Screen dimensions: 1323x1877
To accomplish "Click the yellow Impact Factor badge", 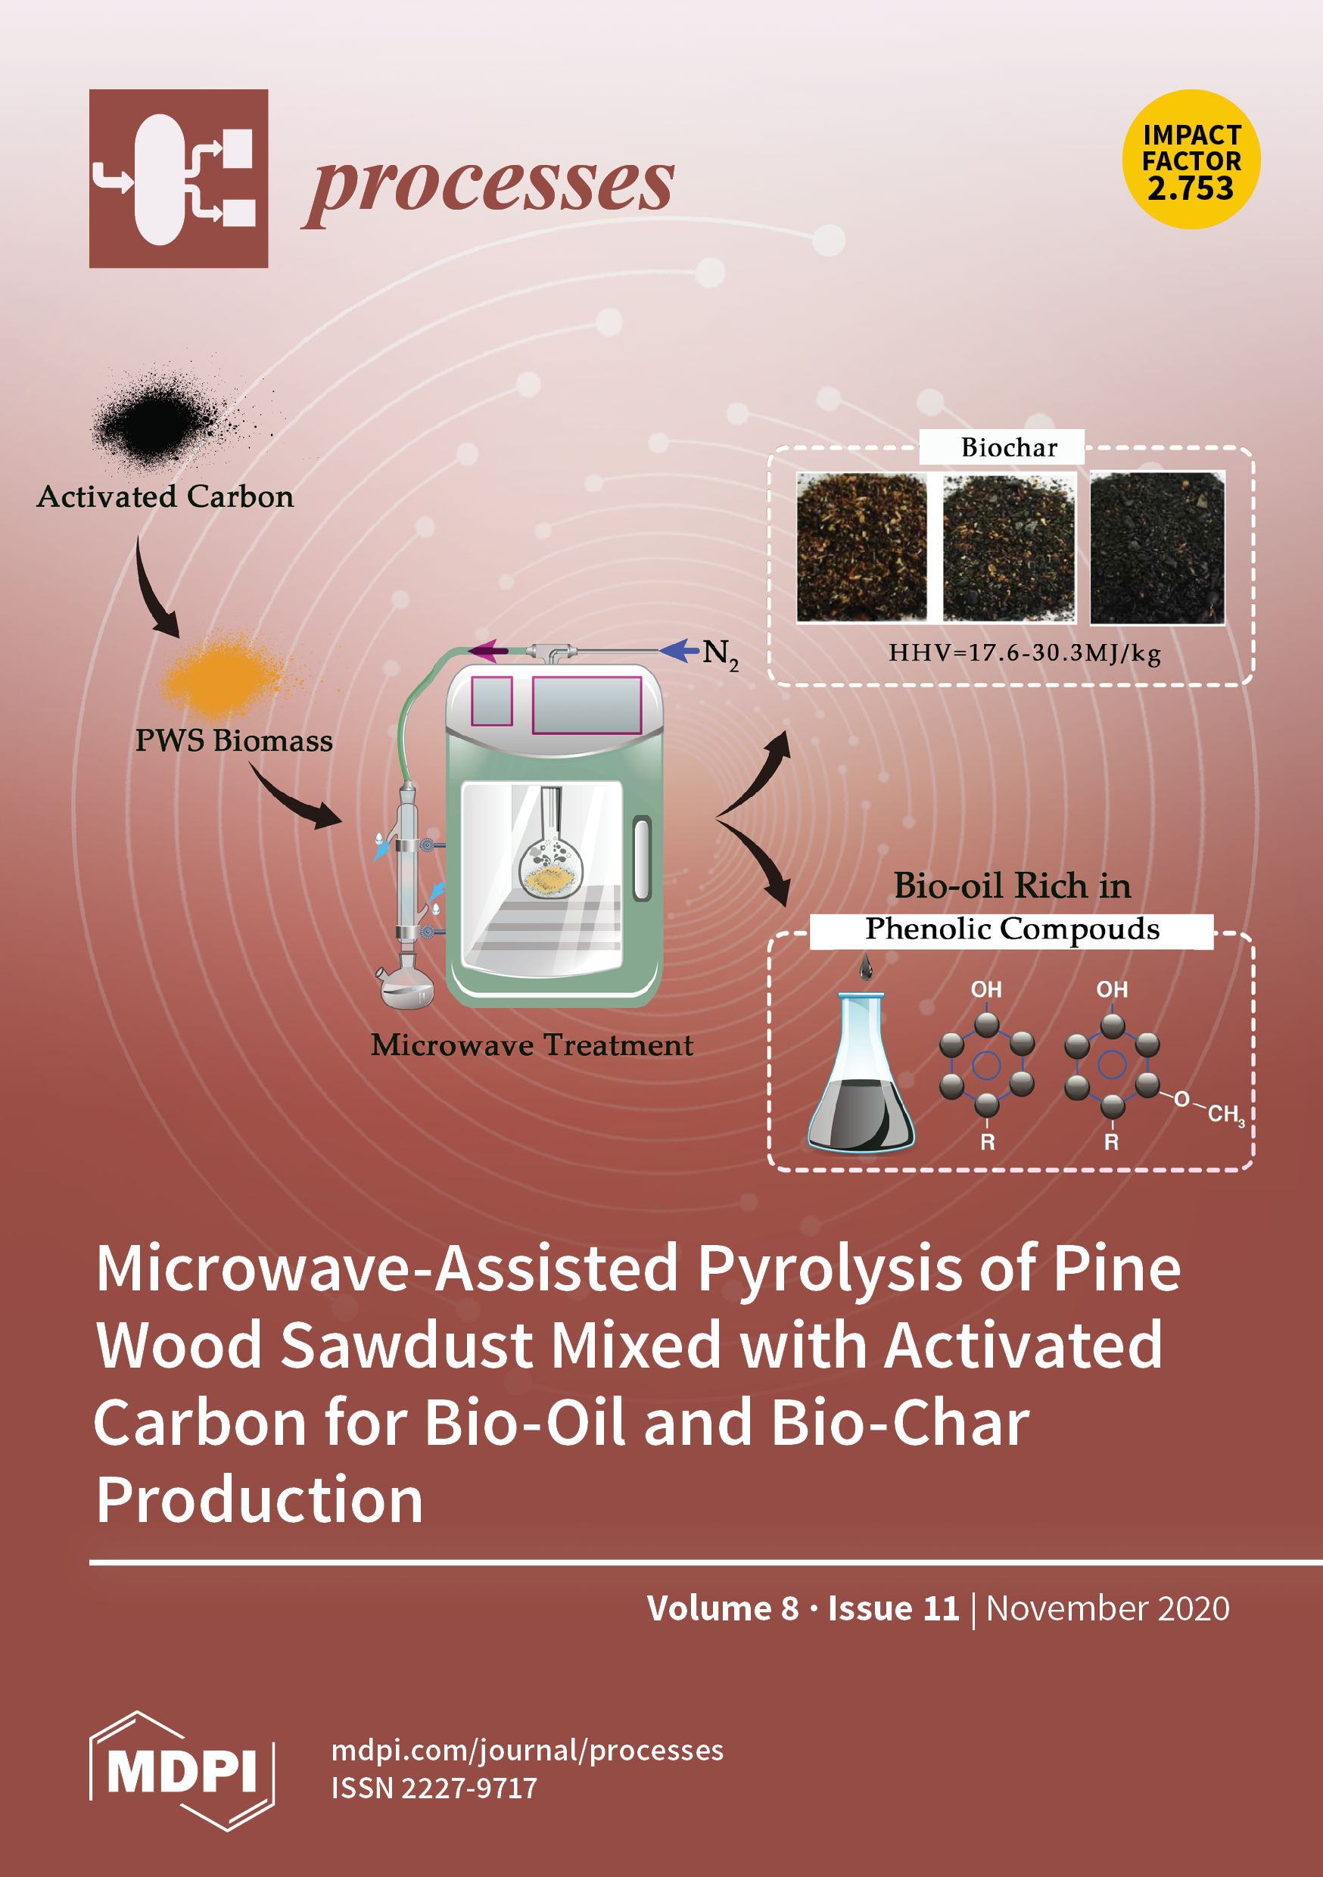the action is (1191, 160).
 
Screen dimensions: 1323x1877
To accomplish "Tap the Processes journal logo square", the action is (179, 178).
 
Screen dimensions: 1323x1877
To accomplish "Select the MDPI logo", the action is (182, 1771).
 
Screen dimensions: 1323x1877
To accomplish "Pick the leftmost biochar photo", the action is (862, 547).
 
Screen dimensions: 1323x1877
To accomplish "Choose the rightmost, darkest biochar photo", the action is (1157, 547).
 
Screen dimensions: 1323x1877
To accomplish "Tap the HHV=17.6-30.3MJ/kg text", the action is (1025, 653).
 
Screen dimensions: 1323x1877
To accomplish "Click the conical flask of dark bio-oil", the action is (861, 1079).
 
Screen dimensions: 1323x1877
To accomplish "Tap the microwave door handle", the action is (642, 858).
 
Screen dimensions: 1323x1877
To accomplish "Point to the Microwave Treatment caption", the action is (531, 1044).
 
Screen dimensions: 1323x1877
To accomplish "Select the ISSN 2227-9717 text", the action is (434, 1788).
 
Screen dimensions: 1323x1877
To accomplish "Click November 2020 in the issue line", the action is (1107, 1608).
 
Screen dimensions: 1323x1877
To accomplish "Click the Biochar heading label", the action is (1009, 447).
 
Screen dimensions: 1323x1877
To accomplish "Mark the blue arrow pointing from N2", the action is (679, 651).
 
